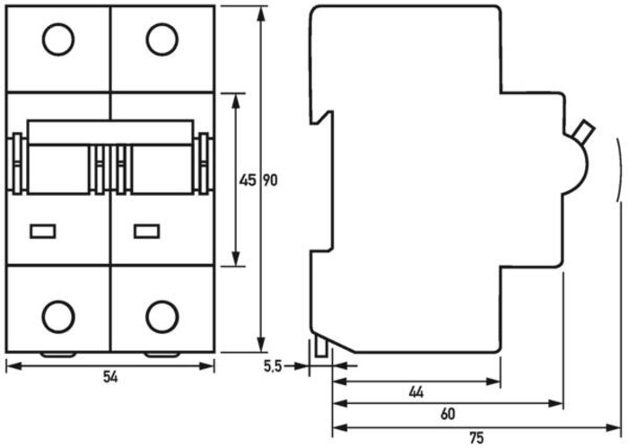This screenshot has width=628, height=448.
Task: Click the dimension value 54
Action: tap(110, 377)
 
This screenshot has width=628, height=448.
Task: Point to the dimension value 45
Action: tap(247, 180)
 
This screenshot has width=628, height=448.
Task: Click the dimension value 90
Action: tap(270, 180)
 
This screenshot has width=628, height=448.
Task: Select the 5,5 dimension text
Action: tap(273, 366)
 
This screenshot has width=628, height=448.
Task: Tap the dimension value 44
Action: tap(416, 392)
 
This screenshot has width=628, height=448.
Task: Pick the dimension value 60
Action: tap(448, 414)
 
